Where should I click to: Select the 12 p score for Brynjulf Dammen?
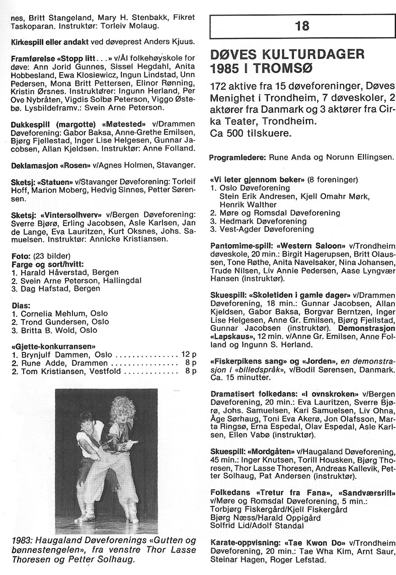tap(188, 354)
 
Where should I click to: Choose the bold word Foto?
tap(20, 256)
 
